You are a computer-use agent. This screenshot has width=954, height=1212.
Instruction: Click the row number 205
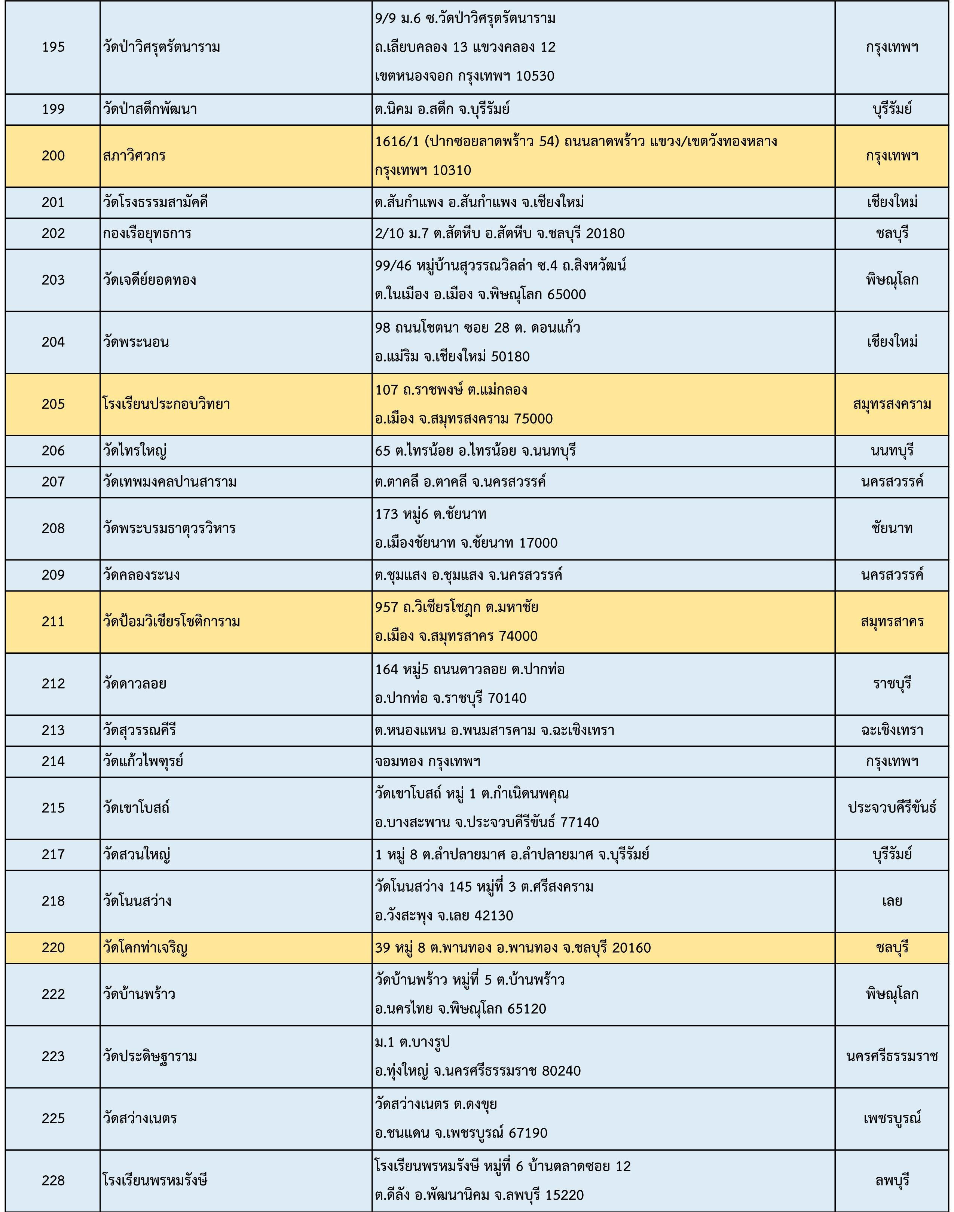coord(53,404)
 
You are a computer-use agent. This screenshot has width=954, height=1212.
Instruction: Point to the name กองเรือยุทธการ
coord(147,233)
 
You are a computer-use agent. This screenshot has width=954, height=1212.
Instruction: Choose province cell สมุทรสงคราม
coord(892,404)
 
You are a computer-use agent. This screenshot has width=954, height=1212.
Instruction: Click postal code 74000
coord(519,636)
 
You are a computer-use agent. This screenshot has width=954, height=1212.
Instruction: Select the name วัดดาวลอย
coord(135,684)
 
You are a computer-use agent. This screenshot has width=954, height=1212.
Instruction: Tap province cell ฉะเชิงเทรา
coord(892,730)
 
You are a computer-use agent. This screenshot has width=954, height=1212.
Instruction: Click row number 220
coord(53,948)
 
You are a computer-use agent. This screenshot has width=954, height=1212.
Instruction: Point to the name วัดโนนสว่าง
coord(137,901)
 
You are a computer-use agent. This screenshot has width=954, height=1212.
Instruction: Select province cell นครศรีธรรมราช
coord(892,1056)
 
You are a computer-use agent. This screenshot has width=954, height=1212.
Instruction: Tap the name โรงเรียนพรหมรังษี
coord(155,1181)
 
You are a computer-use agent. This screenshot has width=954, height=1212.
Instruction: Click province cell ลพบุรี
coord(892,1181)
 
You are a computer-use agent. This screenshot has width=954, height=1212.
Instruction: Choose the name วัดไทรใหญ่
coord(135,451)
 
